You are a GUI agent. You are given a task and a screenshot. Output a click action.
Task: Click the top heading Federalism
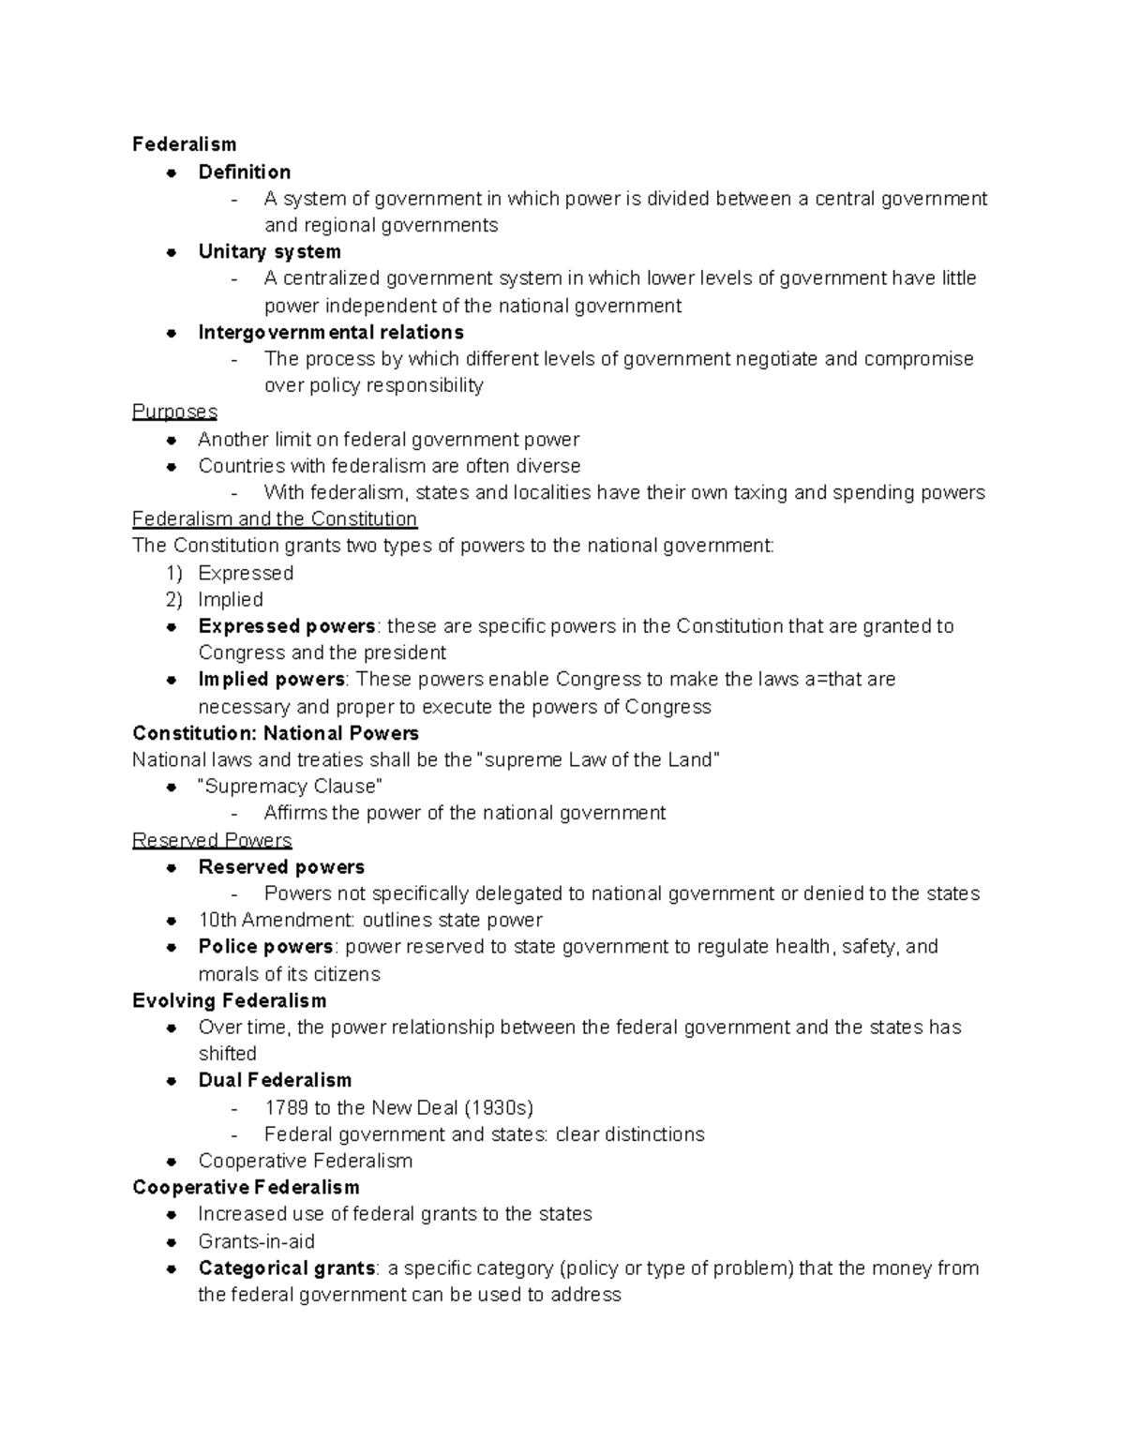[184, 144]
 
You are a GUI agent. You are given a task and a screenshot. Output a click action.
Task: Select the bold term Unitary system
[269, 251]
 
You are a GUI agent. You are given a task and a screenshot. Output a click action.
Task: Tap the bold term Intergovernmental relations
[331, 332]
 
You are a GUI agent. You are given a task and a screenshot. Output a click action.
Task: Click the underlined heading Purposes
[174, 412]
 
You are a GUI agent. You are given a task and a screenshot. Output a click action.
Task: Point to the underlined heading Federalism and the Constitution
[275, 518]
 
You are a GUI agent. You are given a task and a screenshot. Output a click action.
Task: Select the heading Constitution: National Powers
[276, 733]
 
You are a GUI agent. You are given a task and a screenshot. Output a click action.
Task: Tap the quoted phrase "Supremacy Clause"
[291, 787]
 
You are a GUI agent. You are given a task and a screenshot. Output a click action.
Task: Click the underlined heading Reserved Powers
[212, 840]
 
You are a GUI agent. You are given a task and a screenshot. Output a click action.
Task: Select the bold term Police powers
[265, 947]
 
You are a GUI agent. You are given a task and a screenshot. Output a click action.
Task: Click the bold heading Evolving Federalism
[230, 1000]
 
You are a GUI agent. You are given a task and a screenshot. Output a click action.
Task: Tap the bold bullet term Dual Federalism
[275, 1080]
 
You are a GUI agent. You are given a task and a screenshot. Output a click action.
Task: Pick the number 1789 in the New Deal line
[286, 1107]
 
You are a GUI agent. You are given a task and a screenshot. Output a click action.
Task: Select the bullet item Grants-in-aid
[256, 1241]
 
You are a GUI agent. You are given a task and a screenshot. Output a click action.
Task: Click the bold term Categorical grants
[286, 1268]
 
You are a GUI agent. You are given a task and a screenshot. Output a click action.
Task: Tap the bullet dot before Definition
[172, 173]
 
